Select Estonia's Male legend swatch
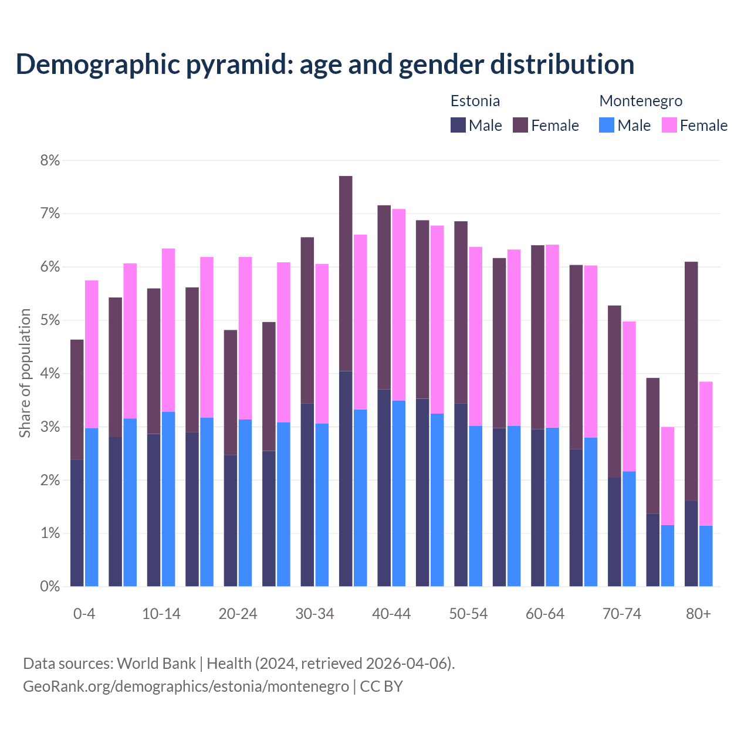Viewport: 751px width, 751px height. coord(458,125)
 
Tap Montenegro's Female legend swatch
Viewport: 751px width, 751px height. coord(669,125)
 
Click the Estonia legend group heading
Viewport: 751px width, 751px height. coord(475,101)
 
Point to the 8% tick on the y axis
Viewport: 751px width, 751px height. coord(50,160)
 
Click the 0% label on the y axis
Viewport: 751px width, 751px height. coord(50,586)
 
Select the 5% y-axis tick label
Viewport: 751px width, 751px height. coord(50,320)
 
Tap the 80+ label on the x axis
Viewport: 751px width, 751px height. coord(698,614)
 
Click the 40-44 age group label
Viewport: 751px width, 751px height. coord(391,614)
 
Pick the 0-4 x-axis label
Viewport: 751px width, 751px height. coord(84,614)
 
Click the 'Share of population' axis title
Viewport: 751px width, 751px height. coord(25,373)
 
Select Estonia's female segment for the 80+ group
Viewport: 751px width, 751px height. coord(691,381)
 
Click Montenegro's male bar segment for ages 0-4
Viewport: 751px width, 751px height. coord(92,507)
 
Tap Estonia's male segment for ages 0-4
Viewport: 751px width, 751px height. coord(77,522)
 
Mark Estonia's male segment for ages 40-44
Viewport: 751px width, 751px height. coord(384,488)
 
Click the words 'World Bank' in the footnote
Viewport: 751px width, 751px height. coord(156,664)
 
